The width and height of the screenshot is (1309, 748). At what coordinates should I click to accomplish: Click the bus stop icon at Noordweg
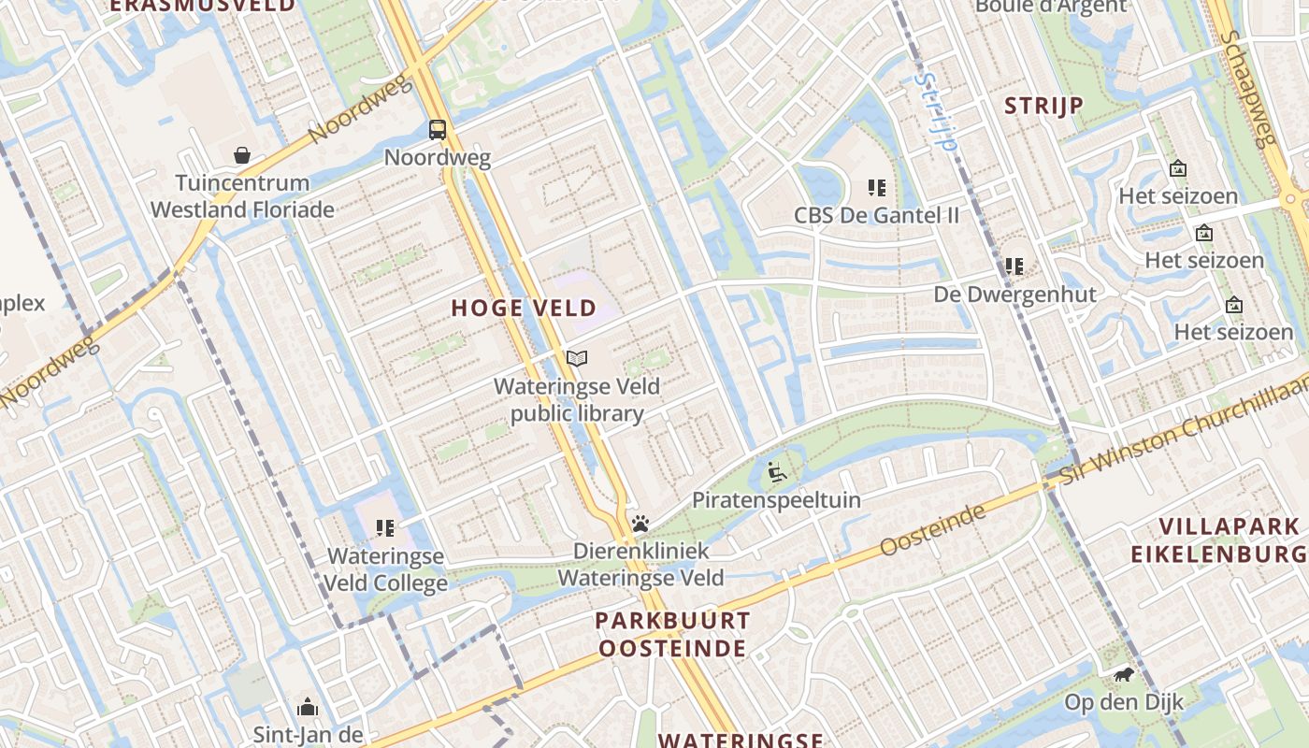[x=438, y=129]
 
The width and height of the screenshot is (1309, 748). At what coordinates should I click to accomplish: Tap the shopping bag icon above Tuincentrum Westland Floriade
[x=242, y=154]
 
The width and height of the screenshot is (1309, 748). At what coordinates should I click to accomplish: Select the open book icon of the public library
[x=577, y=358]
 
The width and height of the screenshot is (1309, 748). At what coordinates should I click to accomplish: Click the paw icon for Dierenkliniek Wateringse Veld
[x=640, y=523]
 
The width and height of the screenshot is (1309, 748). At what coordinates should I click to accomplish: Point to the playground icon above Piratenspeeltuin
[x=776, y=472]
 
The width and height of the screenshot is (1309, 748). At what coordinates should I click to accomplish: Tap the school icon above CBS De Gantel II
[x=876, y=188]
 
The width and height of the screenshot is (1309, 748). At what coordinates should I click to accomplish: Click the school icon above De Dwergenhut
[x=1014, y=266]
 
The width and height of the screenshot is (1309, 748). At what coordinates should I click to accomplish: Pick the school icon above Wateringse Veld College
[x=385, y=528]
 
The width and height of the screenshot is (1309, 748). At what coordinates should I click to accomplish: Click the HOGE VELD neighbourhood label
[x=524, y=308]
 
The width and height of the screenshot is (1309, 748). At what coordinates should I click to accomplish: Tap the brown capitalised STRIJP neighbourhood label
[x=1044, y=106]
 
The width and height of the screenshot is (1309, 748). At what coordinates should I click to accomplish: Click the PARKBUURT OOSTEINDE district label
[x=672, y=634]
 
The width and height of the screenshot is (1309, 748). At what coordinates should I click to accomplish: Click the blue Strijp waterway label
[x=936, y=112]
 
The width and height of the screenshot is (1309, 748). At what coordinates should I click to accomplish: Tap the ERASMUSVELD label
[x=202, y=6]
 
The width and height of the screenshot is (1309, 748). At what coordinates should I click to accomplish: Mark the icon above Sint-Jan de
[x=308, y=707]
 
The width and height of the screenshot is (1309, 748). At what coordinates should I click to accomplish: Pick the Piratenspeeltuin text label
[x=776, y=500]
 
